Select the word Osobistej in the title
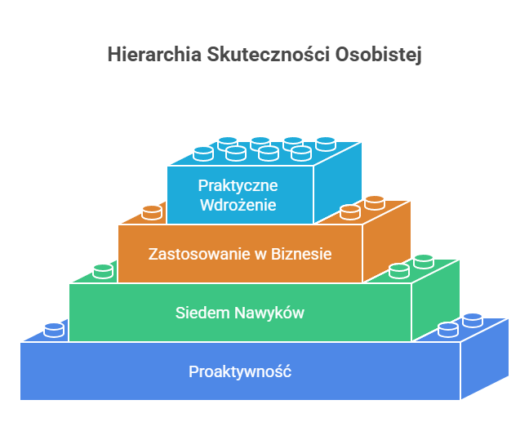coord(380,55)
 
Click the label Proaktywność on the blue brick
coord(240,371)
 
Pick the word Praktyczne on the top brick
coord(238,185)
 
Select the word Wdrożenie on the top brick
coord(238,204)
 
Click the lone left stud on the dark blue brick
coord(54,329)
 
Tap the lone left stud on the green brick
coord(103,270)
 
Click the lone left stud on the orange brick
coord(152,212)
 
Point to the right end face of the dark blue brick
coord(485,359)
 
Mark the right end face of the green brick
coord(437,300)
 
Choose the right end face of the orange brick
coord(388,242)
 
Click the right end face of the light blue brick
coord(338,183)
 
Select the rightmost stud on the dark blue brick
coord(473,319)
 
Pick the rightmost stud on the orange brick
coord(375,202)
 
